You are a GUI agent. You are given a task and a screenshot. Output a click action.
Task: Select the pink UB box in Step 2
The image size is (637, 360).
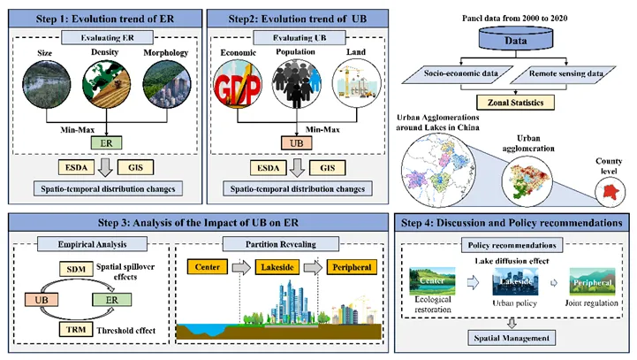click(297, 142)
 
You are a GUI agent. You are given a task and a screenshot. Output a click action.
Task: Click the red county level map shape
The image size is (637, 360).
click(606, 188)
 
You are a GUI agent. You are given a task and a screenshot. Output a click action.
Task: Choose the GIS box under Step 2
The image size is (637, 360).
click(327, 166)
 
